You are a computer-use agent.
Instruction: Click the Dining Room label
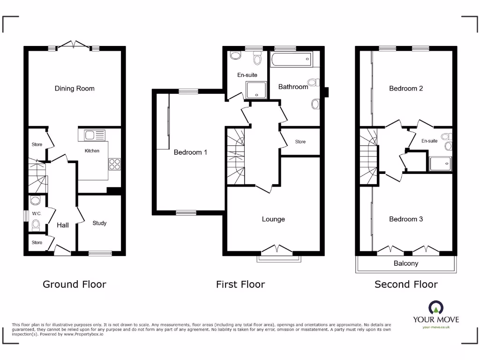(x=75, y=89)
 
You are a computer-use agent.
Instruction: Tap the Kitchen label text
(x=92, y=151)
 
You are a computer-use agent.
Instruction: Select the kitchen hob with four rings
(x=114, y=164)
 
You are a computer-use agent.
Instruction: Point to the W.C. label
(x=37, y=214)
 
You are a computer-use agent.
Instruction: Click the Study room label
(x=99, y=223)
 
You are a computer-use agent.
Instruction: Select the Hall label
(x=63, y=225)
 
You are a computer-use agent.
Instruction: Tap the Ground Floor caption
(x=75, y=284)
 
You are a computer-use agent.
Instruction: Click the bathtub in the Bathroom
(x=291, y=60)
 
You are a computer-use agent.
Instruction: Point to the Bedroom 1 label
(x=190, y=152)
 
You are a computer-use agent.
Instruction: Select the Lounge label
(x=273, y=219)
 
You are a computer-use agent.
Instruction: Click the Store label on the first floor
(x=300, y=142)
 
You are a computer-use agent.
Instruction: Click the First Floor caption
(x=240, y=284)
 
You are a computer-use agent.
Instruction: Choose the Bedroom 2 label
(x=406, y=88)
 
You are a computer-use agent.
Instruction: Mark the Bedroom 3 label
(x=406, y=219)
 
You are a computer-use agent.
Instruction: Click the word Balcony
(x=406, y=263)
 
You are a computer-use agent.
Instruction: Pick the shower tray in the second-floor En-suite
(x=440, y=163)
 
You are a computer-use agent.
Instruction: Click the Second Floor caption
(x=406, y=284)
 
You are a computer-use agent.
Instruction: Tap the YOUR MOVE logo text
(x=436, y=320)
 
